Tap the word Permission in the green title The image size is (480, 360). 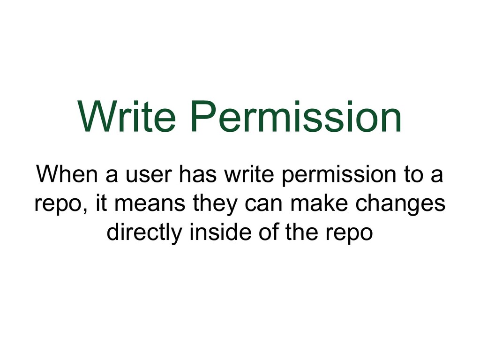(x=296, y=117)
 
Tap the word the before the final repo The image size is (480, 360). (x=303, y=232)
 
